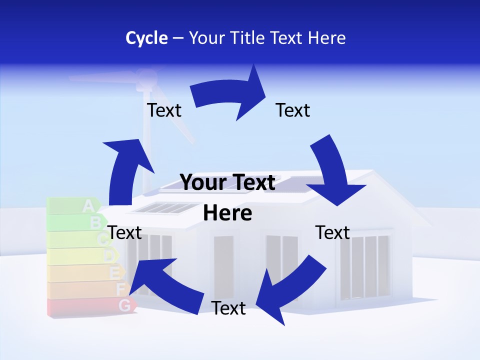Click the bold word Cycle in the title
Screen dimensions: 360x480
click(x=146, y=38)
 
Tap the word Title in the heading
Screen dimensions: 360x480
click(x=248, y=38)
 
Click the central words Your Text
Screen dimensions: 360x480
click(x=227, y=183)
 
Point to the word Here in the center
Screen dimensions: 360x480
click(x=227, y=213)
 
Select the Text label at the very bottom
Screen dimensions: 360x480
click(x=228, y=308)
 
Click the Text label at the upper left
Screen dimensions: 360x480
click(x=164, y=110)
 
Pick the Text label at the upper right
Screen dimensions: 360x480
click(x=293, y=110)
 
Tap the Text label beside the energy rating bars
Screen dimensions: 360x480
click(x=125, y=232)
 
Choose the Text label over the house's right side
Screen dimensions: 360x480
click(x=332, y=232)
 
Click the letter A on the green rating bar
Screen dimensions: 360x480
click(x=88, y=205)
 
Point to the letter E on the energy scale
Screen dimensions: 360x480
click(x=114, y=273)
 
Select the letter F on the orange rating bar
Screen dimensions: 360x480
click(x=120, y=289)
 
